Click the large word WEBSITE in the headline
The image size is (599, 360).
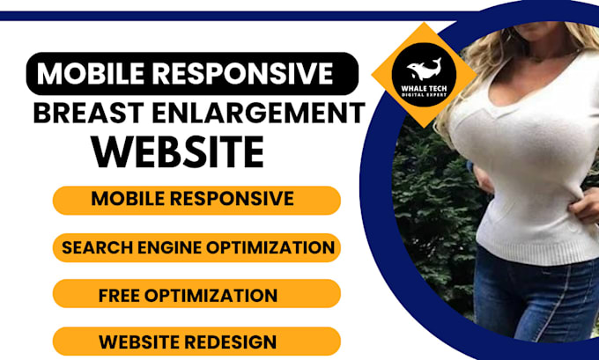[x=179, y=152]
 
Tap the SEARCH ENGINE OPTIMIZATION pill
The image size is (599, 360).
[x=196, y=247]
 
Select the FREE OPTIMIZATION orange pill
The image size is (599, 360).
[x=196, y=294]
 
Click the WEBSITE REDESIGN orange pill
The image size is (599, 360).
[x=196, y=342]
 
